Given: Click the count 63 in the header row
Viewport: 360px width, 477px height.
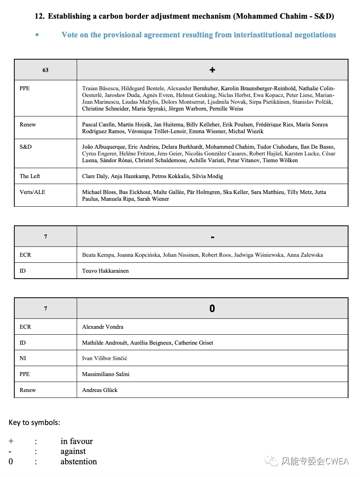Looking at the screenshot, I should tap(45, 70).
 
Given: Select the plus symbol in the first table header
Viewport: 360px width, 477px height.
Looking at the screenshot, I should tap(212, 70).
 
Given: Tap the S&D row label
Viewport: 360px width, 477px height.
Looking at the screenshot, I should tap(25, 147).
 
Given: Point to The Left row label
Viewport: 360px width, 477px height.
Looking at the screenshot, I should tap(30, 176).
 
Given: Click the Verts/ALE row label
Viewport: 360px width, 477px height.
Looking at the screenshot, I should tap(32, 192).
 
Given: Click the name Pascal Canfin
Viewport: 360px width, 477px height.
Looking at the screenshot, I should tap(98, 124).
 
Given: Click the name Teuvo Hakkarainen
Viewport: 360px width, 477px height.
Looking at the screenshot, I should tap(105, 271).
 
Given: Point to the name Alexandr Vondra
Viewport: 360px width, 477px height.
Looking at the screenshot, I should tap(103, 327).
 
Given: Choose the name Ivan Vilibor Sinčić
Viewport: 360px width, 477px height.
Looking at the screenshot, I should tap(105, 358).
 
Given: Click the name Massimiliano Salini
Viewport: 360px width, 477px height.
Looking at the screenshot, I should tap(106, 374).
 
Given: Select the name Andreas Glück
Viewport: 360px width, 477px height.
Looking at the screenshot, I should tap(100, 390).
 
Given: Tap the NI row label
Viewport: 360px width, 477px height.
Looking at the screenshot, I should tap(23, 358).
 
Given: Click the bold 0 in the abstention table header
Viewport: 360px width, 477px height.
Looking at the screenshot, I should tap(212, 308).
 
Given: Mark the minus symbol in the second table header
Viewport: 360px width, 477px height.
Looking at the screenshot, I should tap(213, 237).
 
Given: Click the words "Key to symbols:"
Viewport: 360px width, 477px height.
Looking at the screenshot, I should tap(34, 422).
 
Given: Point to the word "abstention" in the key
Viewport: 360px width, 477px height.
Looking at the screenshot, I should tap(79, 461).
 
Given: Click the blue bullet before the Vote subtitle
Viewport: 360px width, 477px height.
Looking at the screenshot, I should tap(37, 35).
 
